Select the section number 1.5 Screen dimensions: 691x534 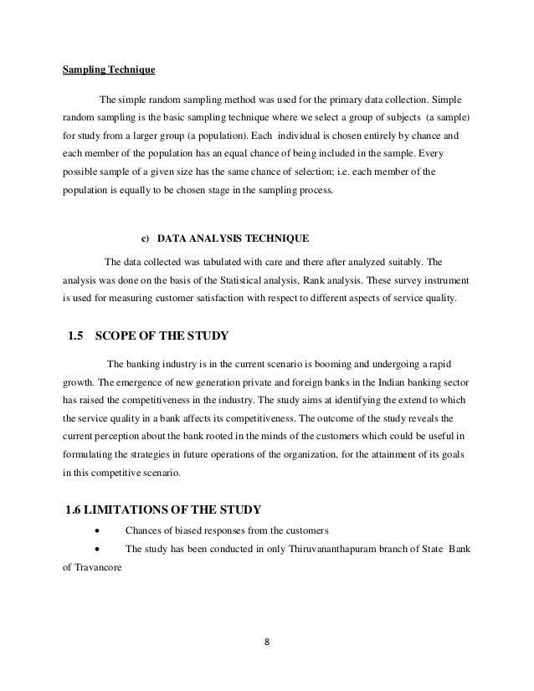point(75,338)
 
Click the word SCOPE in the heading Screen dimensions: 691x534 point(124,338)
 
